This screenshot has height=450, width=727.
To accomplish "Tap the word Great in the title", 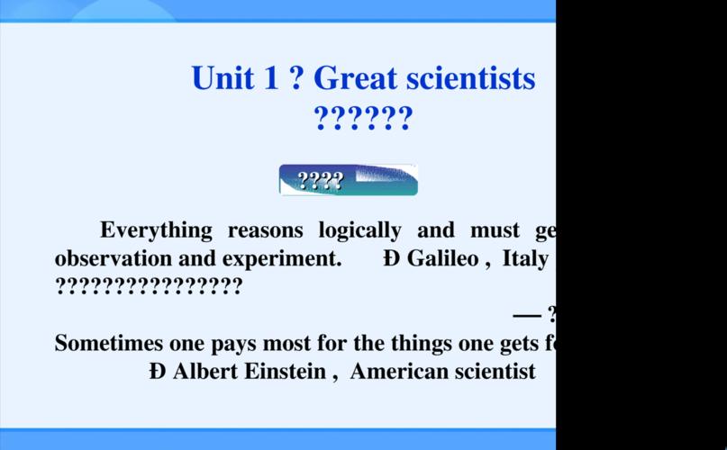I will click(x=355, y=78).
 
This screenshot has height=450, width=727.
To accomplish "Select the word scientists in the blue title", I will click(x=470, y=78).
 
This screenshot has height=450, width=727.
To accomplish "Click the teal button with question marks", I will click(x=349, y=180).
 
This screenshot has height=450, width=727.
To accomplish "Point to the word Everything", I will click(x=156, y=230).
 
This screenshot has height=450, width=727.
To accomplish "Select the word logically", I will click(x=359, y=230).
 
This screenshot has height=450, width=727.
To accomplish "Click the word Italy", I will click(x=525, y=259).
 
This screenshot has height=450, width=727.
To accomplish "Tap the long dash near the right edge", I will click(x=527, y=315).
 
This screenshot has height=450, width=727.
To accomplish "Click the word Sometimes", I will click(x=109, y=343).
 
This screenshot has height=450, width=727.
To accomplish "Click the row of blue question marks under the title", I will click(x=363, y=119).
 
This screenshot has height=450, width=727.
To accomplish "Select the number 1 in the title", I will click(x=271, y=78).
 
